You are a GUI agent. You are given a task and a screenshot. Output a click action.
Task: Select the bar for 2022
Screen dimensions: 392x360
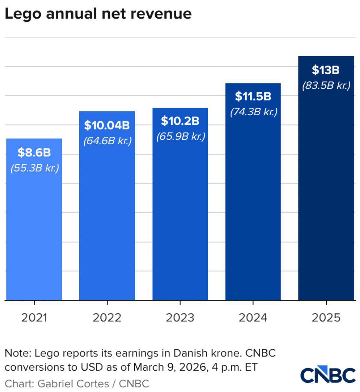click(x=107, y=223)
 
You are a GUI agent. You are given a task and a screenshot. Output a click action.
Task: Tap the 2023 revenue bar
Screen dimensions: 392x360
click(x=180, y=220)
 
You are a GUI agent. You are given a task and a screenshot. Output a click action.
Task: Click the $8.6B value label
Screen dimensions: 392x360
click(x=34, y=152)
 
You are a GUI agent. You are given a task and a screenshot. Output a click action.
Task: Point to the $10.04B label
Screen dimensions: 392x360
click(x=107, y=125)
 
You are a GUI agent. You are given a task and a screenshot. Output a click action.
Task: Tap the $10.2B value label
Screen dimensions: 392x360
click(x=180, y=121)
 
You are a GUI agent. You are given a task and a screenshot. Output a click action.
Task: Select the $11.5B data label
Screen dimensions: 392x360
click(x=253, y=96)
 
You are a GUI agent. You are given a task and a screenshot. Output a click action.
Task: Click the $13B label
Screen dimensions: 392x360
click(x=325, y=70)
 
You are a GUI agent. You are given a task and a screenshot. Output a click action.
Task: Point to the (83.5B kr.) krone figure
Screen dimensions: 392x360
click(x=326, y=86)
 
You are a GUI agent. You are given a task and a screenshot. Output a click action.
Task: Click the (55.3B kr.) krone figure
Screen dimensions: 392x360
click(x=35, y=168)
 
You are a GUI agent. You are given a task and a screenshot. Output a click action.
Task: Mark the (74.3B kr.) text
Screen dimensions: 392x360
click(x=253, y=112)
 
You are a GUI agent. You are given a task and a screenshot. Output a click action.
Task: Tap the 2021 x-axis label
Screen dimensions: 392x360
click(x=34, y=318)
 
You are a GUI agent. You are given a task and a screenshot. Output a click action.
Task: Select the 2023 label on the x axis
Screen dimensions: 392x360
click(x=180, y=318)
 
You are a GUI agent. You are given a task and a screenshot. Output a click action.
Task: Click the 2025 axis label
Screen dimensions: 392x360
click(x=326, y=318)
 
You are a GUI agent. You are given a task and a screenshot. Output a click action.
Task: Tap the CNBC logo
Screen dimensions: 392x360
click(x=328, y=375)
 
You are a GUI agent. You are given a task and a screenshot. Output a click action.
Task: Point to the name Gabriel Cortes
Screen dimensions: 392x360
click(x=73, y=383)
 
